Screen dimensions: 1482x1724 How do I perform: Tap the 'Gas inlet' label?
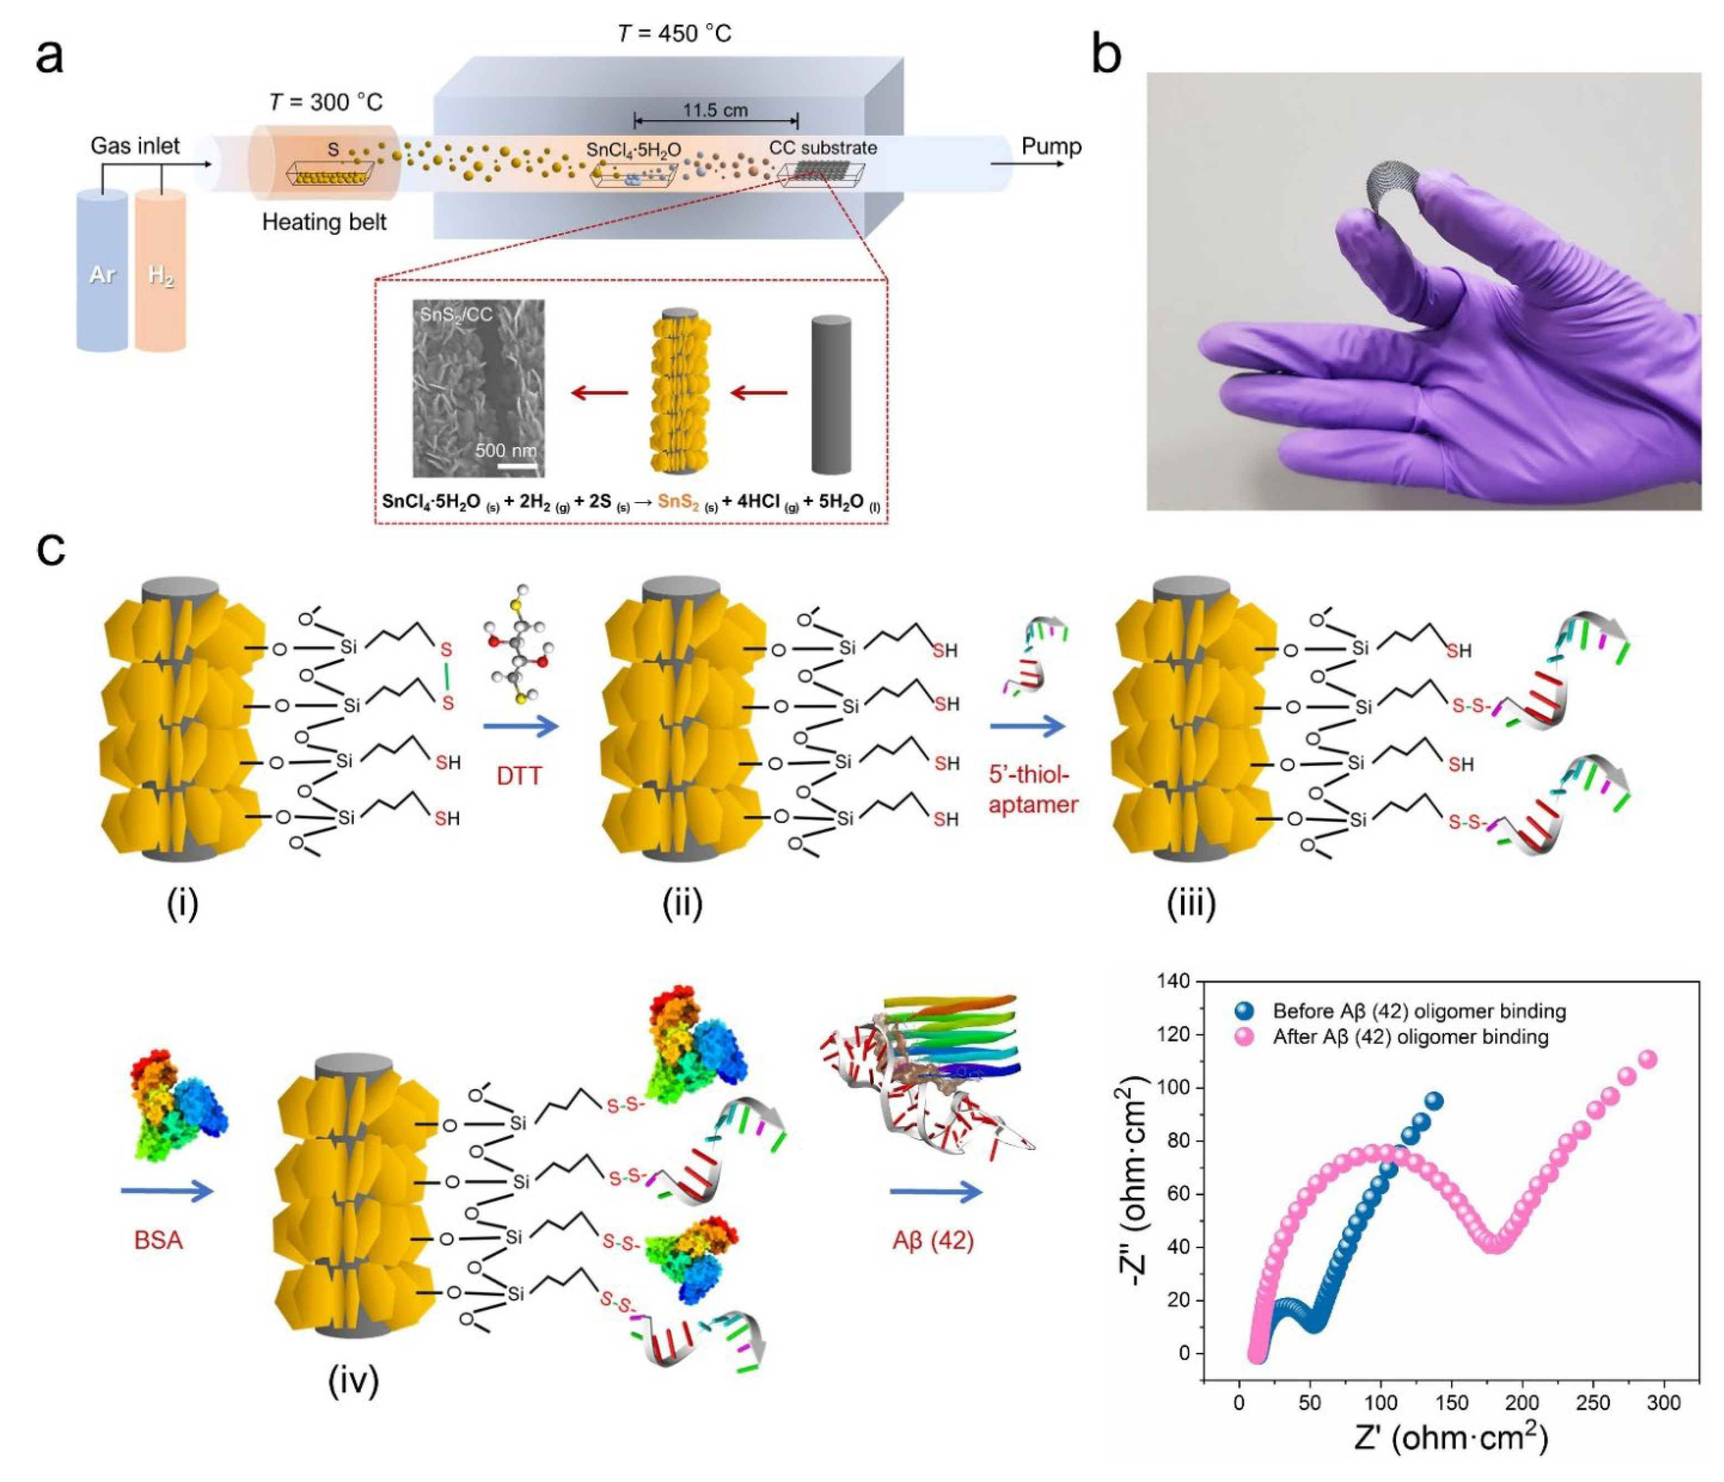point(135,146)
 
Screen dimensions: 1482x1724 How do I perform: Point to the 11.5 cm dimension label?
point(715,110)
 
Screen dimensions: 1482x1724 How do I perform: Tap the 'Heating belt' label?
point(324,222)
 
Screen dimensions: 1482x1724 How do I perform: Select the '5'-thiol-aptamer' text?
point(1033,789)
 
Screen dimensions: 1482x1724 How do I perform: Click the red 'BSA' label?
point(158,1240)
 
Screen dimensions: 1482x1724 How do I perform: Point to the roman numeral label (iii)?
point(1191,903)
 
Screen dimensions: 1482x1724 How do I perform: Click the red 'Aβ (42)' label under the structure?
point(932,1240)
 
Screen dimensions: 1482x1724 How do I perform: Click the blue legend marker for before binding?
point(1245,1011)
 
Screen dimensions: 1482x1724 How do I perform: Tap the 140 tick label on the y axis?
point(1173,981)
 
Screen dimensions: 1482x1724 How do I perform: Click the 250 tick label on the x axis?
point(1593,1403)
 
